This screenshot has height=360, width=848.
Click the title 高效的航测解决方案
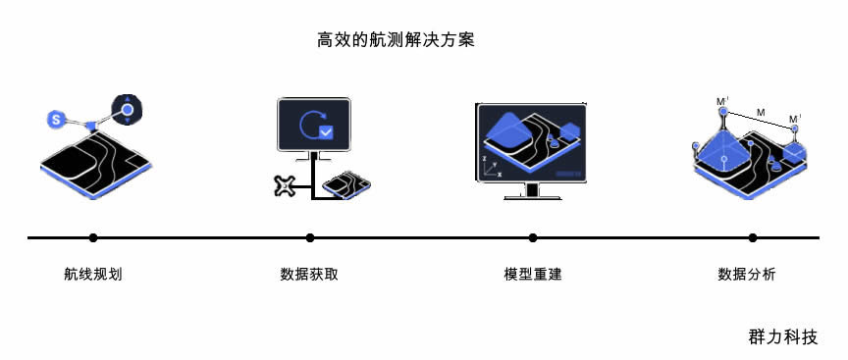(x=397, y=40)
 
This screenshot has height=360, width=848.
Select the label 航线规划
(x=93, y=275)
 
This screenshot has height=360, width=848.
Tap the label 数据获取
(x=310, y=275)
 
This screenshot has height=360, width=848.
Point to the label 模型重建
(x=533, y=275)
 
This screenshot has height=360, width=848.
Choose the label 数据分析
(x=747, y=275)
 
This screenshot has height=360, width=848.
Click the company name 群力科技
(x=782, y=336)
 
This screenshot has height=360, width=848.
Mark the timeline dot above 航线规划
(x=93, y=237)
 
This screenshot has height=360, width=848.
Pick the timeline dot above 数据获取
(x=310, y=237)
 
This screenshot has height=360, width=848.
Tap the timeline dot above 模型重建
(x=533, y=237)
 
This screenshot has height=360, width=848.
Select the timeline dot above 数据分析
(x=753, y=237)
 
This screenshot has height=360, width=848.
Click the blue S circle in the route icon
(x=57, y=119)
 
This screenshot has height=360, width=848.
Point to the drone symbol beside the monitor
(x=286, y=184)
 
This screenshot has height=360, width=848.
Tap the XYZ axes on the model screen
(x=491, y=165)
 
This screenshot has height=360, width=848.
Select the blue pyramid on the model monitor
(x=507, y=128)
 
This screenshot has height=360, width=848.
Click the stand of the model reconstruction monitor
(x=533, y=191)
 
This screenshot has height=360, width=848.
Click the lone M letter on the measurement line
(x=761, y=113)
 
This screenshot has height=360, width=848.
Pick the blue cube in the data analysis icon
(x=793, y=149)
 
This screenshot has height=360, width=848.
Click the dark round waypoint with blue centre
(x=128, y=111)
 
